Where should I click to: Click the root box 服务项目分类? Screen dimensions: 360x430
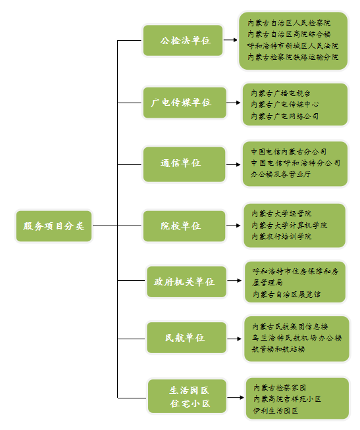tap(54, 226)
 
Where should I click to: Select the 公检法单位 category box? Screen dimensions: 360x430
tap(183, 40)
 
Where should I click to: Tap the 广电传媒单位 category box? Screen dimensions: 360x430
tap(185, 103)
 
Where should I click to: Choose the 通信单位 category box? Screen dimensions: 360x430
tap(184, 164)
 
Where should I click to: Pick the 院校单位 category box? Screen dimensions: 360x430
tap(184, 226)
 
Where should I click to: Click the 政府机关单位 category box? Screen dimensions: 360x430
tap(187, 281)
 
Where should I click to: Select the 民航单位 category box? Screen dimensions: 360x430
tap(187, 337)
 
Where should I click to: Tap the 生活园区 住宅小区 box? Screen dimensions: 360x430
tap(188, 396)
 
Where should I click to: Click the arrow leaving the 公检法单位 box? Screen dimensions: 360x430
tap(230, 40)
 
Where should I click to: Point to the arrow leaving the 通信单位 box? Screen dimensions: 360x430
tap(234, 164)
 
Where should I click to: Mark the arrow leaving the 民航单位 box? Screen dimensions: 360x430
tap(234, 339)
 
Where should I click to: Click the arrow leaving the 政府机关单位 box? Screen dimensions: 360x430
tap(234, 281)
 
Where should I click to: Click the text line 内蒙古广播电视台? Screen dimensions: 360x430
tap(280, 93)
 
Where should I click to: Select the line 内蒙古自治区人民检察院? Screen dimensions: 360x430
tap(289, 23)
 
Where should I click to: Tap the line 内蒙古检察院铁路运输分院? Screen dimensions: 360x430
tap(293, 57)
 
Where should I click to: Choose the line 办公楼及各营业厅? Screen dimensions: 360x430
tap(280, 174)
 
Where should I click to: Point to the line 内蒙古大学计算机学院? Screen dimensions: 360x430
tap(290, 225)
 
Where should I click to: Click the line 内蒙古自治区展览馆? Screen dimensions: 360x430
tap(286, 295)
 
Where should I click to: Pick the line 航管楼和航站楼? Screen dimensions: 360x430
tap(278, 349)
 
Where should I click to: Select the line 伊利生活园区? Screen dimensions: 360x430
tap(276, 410)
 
